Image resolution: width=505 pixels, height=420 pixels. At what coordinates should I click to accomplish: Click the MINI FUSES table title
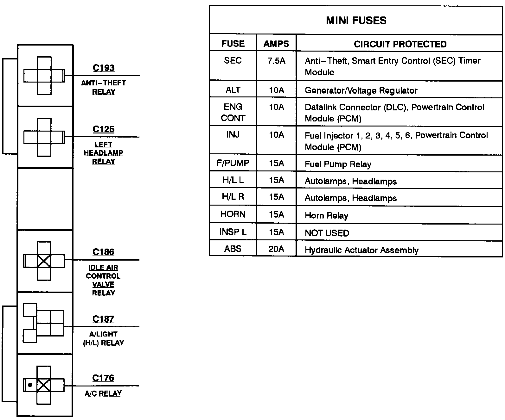click(x=356, y=21)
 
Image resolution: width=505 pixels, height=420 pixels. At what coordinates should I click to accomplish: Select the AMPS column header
click(x=276, y=44)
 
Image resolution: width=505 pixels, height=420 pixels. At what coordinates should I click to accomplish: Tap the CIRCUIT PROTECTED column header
click(x=400, y=44)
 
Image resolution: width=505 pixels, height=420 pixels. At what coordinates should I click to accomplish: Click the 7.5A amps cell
click(x=276, y=61)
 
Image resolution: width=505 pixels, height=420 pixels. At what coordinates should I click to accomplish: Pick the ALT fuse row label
click(x=233, y=90)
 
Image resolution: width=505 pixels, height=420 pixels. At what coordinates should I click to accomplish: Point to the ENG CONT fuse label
click(x=233, y=113)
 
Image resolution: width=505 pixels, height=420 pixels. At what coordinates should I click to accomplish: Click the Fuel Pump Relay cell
click(x=338, y=164)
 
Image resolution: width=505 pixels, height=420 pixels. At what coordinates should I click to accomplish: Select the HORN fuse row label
click(x=233, y=214)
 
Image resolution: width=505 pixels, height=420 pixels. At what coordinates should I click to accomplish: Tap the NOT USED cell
click(x=327, y=233)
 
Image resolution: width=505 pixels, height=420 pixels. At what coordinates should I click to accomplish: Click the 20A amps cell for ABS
click(x=276, y=249)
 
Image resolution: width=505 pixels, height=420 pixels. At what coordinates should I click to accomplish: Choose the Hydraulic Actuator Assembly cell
click(x=361, y=250)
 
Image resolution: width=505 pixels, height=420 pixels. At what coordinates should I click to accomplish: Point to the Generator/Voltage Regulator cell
click(x=361, y=91)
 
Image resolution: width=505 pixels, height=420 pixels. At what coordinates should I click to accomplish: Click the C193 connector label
click(x=104, y=68)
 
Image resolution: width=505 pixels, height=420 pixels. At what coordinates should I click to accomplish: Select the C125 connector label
click(x=104, y=129)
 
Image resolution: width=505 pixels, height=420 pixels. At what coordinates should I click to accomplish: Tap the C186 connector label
click(x=103, y=252)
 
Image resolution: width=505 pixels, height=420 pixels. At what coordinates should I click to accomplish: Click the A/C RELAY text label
click(x=103, y=393)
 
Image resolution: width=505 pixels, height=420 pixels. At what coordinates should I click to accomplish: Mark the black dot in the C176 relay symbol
click(x=30, y=385)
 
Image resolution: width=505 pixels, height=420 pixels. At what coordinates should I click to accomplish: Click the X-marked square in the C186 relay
click(x=44, y=261)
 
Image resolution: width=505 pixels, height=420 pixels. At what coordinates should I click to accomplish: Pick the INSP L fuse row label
click(x=233, y=232)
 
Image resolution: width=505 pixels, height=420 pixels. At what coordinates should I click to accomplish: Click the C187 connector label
click(x=103, y=319)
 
